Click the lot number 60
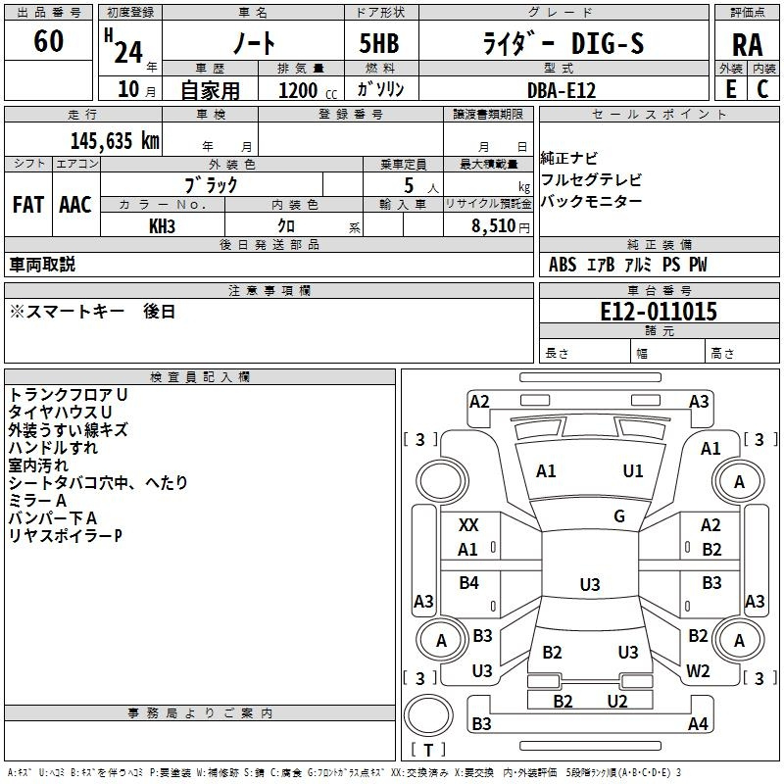(x=48, y=41)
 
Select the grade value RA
(x=748, y=45)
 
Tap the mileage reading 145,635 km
(x=115, y=141)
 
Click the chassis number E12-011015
(x=659, y=312)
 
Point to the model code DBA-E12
(x=562, y=90)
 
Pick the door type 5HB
(x=379, y=43)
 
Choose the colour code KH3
(x=162, y=226)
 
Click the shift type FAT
(x=28, y=205)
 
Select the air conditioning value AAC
(x=75, y=205)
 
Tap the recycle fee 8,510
(x=493, y=226)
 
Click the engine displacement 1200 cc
(x=308, y=90)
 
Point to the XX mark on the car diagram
(x=468, y=525)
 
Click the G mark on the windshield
(x=619, y=516)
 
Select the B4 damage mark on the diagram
(x=469, y=583)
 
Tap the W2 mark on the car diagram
(x=698, y=671)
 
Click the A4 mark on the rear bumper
(x=698, y=723)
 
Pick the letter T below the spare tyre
(x=428, y=750)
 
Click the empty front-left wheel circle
(x=441, y=481)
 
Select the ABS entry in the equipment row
(x=563, y=265)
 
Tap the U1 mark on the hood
(x=633, y=471)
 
